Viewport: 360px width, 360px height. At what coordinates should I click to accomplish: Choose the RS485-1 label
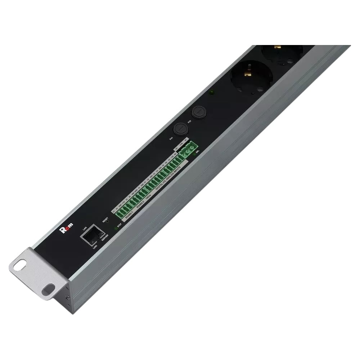point(129,215)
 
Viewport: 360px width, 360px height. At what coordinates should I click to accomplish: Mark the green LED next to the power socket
point(213,93)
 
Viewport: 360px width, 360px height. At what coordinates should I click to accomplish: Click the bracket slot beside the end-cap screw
point(48,288)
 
